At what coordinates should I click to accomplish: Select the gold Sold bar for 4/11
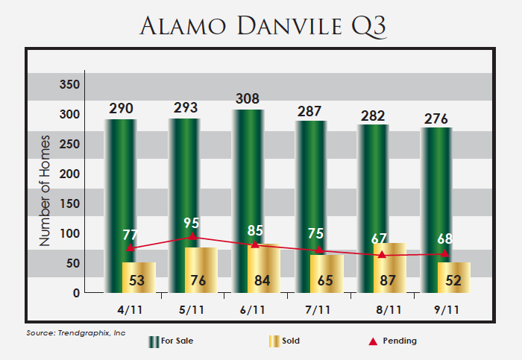coord(139,277)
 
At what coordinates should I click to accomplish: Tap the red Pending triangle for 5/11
coord(192,236)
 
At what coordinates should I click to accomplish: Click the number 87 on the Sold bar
coord(389,281)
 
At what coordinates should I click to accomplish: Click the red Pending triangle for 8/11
coord(383,255)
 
